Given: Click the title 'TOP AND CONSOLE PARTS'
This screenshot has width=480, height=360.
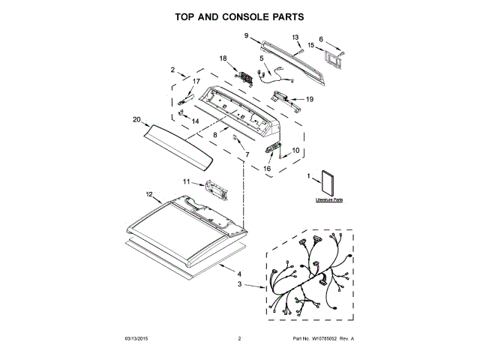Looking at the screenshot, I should [240, 15].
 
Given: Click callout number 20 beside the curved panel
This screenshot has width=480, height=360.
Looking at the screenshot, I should [136, 119].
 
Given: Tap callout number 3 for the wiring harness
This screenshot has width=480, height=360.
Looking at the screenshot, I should [240, 284].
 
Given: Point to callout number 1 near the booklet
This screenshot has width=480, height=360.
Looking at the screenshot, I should [309, 178].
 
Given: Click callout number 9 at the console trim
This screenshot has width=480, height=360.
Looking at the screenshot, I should [245, 35].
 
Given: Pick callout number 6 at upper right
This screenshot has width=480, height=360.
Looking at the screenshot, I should [321, 40].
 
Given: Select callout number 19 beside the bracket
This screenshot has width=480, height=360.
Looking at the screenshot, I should [309, 99].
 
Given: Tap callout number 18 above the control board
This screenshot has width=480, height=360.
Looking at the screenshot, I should [223, 58].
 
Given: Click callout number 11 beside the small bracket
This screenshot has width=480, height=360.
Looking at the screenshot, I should [187, 181].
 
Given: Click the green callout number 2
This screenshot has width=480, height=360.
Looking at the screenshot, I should [172, 70].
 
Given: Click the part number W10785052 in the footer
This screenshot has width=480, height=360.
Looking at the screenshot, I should [322, 340].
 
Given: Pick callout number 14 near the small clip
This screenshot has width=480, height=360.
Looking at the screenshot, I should [196, 121].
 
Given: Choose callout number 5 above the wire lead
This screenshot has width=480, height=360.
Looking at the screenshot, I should [262, 58].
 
